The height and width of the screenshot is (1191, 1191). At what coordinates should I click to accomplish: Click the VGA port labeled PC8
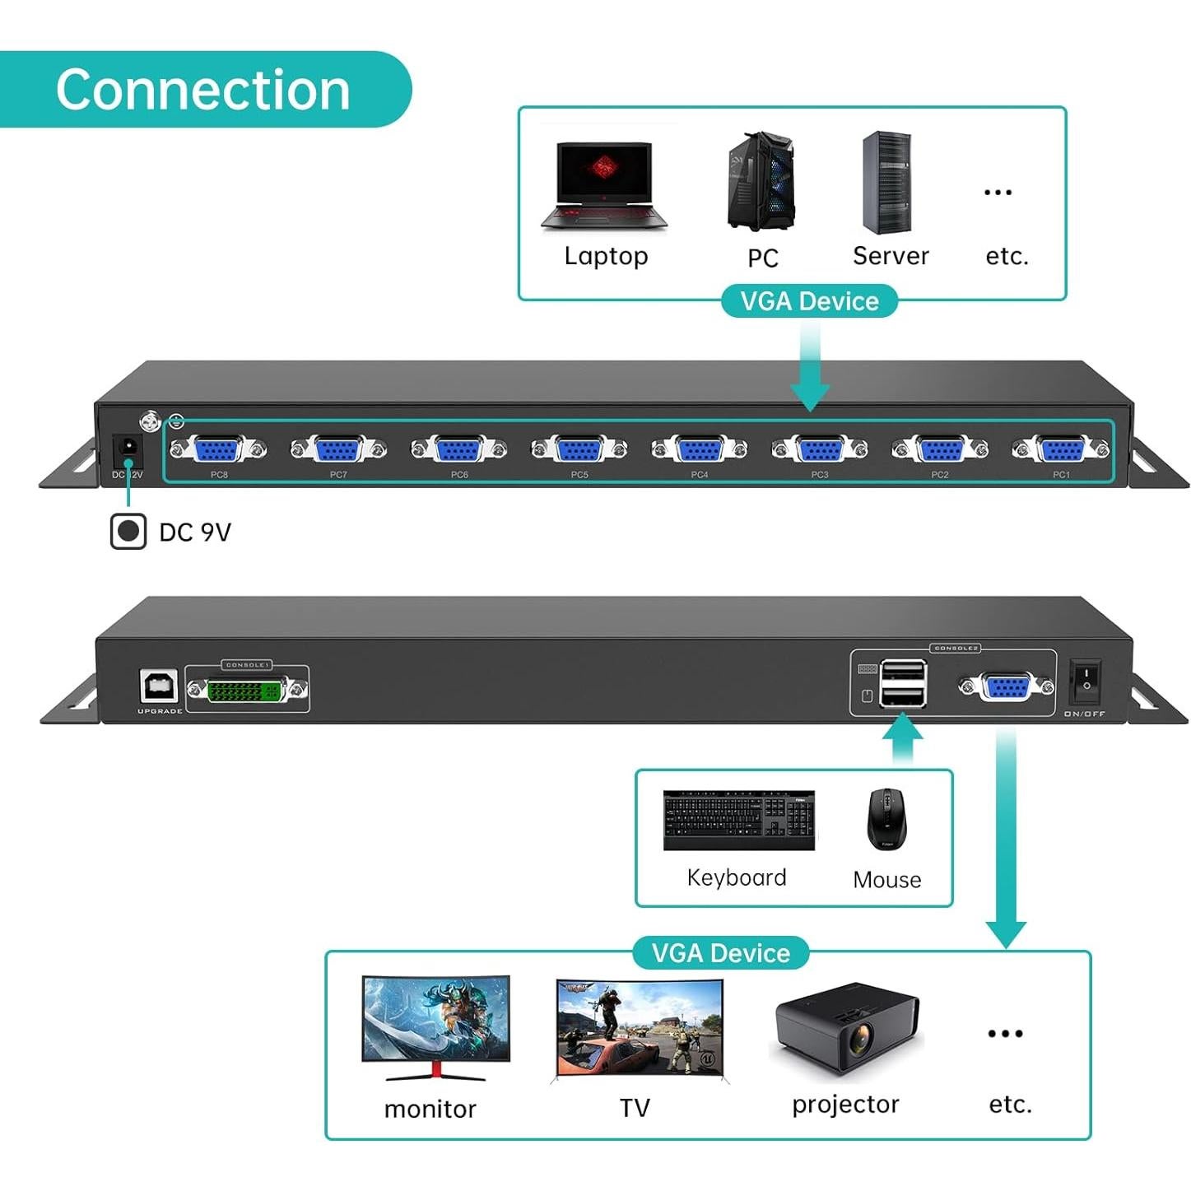coord(218,450)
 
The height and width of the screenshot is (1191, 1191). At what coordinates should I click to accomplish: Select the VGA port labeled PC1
coord(1060,450)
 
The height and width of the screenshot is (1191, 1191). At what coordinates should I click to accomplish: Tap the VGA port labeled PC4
coord(700,450)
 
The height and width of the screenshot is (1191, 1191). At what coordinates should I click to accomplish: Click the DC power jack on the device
coord(128,449)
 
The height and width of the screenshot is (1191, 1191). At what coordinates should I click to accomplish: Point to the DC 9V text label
coord(195,533)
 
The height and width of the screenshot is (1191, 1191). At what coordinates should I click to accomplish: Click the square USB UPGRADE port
coord(158,686)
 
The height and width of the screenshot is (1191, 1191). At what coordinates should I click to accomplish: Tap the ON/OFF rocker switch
coord(1085,681)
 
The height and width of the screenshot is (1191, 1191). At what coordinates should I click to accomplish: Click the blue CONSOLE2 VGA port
coord(1006,687)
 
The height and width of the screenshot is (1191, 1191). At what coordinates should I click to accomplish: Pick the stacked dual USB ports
coord(902,684)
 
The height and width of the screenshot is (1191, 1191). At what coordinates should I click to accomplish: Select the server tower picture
coord(886,183)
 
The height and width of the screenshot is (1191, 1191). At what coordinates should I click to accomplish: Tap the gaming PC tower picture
coord(761,182)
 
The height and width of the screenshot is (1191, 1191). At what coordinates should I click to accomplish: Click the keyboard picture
coord(738,820)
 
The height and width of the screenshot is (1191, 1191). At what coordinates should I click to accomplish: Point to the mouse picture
coord(886,819)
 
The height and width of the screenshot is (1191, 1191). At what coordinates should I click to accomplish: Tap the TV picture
coord(640,1030)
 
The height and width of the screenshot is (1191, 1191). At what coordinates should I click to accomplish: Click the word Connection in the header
coord(202,90)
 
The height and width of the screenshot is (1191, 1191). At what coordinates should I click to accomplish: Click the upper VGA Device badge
coord(809,301)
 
